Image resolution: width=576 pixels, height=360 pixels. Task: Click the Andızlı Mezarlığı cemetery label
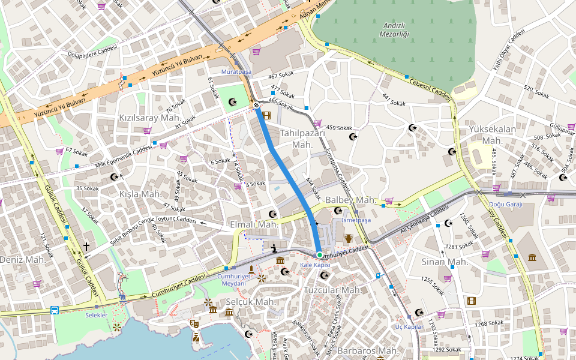click(x=394, y=29)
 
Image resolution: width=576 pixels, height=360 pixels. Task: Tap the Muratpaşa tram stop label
click(x=236, y=71)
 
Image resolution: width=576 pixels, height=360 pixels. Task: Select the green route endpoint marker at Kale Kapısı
click(x=320, y=254)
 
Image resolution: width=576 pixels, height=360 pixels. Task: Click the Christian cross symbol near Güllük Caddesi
click(x=86, y=246)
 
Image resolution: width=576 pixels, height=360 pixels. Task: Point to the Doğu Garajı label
click(x=506, y=204)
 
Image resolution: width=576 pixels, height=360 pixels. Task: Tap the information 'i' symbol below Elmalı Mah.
click(x=274, y=248)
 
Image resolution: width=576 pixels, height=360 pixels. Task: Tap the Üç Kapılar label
click(x=409, y=326)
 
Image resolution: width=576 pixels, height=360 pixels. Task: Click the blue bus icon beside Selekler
click(x=55, y=310)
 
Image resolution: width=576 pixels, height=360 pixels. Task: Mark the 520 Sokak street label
click(x=536, y=92)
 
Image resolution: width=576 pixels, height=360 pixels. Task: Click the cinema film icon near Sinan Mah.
click(x=472, y=301)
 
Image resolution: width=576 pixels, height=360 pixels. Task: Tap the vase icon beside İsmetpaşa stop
click(x=349, y=238)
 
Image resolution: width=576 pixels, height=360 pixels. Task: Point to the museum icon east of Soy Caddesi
click(x=532, y=257)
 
